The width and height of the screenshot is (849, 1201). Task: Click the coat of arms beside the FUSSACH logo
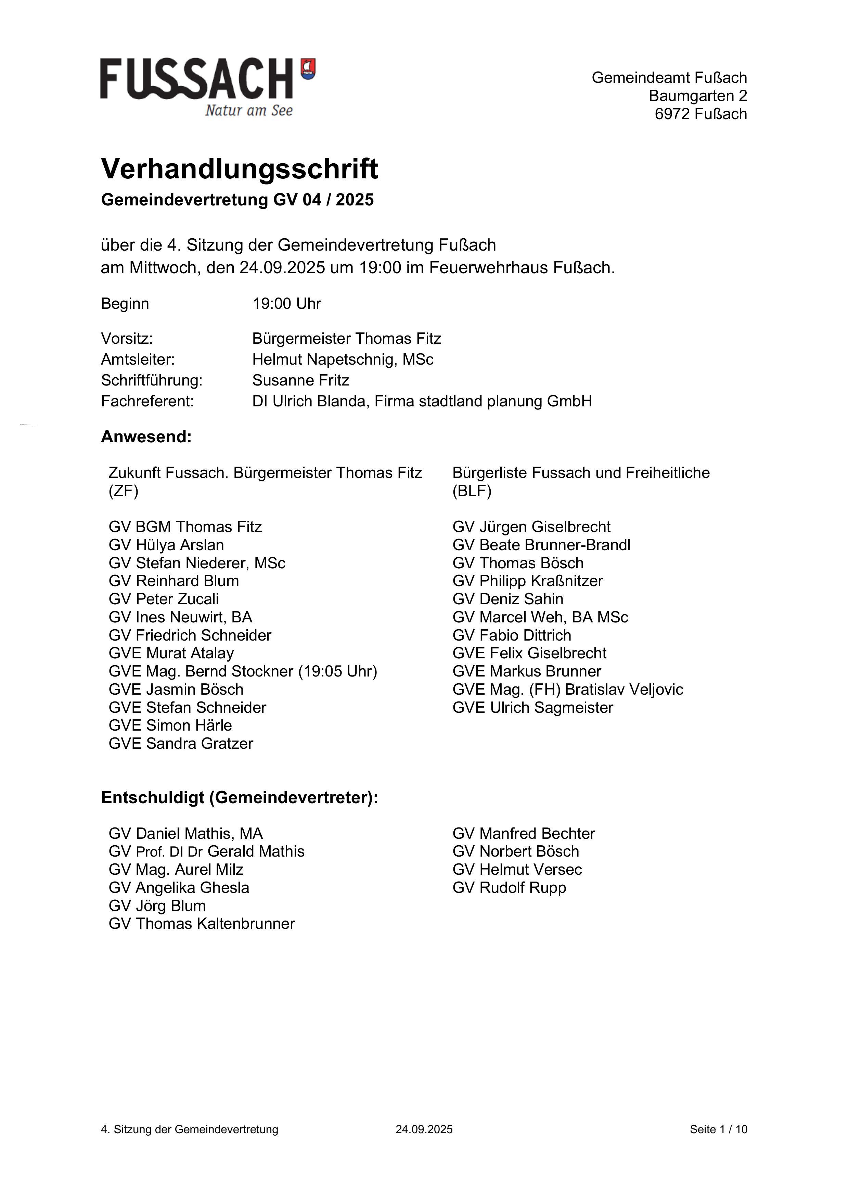click(308, 69)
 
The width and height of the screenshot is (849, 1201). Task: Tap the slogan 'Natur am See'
click(249, 110)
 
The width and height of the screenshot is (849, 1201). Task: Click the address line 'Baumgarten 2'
click(697, 96)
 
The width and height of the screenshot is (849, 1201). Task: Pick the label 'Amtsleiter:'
click(138, 359)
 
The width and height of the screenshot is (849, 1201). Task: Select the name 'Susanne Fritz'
click(300, 380)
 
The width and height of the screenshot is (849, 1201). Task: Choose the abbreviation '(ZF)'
click(124, 491)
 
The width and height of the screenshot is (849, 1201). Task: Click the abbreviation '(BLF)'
click(472, 491)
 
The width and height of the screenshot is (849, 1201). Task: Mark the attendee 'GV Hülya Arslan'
click(166, 545)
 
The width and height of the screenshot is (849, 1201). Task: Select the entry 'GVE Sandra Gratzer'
click(181, 743)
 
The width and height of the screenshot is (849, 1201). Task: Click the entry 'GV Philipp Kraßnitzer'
click(527, 581)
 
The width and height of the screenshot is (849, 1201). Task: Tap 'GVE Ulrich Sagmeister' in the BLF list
click(533, 708)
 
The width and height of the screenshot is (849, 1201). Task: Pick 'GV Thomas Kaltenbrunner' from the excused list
click(202, 923)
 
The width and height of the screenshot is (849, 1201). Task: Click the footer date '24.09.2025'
click(424, 1144)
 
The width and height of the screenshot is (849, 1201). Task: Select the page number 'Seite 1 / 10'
click(718, 1144)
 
